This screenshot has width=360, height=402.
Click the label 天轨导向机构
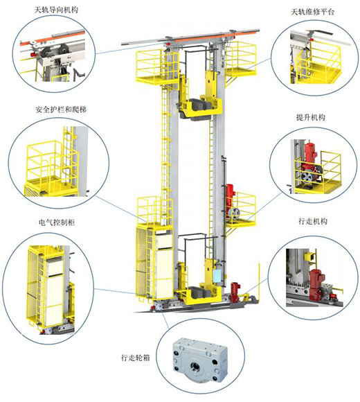click(x=56, y=10)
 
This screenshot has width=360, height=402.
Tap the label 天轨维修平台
click(x=313, y=12)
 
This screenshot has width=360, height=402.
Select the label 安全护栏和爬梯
click(x=61, y=110)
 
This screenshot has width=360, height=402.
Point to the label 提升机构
click(x=311, y=117)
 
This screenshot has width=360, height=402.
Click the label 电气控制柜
click(x=57, y=222)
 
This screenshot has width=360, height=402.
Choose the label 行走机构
click(x=313, y=221)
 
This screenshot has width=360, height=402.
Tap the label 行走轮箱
click(x=136, y=358)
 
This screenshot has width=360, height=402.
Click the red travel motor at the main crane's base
click(x=235, y=292)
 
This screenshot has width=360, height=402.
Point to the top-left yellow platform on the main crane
click(x=156, y=67)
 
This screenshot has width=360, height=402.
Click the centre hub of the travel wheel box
click(x=195, y=365)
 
